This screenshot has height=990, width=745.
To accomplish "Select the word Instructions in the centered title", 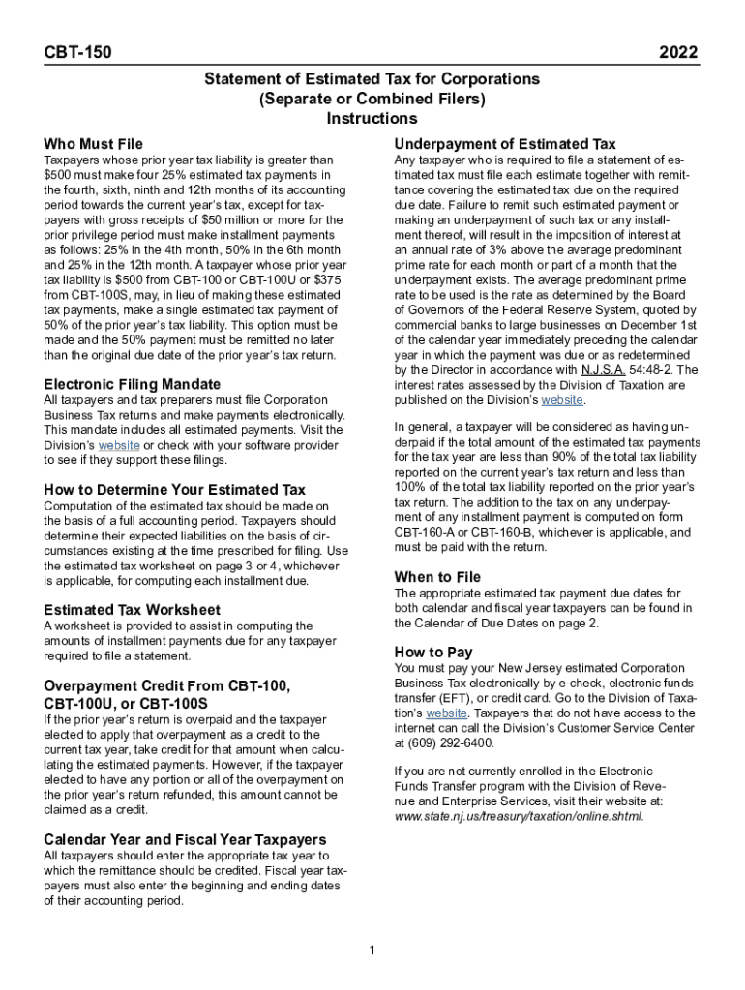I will [372, 119].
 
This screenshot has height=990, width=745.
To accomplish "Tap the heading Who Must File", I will [93, 144].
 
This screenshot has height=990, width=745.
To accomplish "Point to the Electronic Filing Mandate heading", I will [132, 383].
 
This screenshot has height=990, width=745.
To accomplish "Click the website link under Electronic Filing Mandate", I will [120, 446].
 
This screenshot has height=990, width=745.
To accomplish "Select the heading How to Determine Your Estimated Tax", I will [174, 489].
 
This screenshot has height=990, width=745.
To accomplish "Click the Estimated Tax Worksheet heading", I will [133, 609].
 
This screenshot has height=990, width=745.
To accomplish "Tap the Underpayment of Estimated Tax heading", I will [504, 143].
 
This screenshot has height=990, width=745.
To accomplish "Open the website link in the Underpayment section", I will [562, 400].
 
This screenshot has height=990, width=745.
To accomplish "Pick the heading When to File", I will [437, 577].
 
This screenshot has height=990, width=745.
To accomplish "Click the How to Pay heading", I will [433, 652].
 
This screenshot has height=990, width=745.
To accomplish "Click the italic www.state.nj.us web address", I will [519, 816].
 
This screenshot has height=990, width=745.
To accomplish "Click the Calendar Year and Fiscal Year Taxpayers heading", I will [185, 839].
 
